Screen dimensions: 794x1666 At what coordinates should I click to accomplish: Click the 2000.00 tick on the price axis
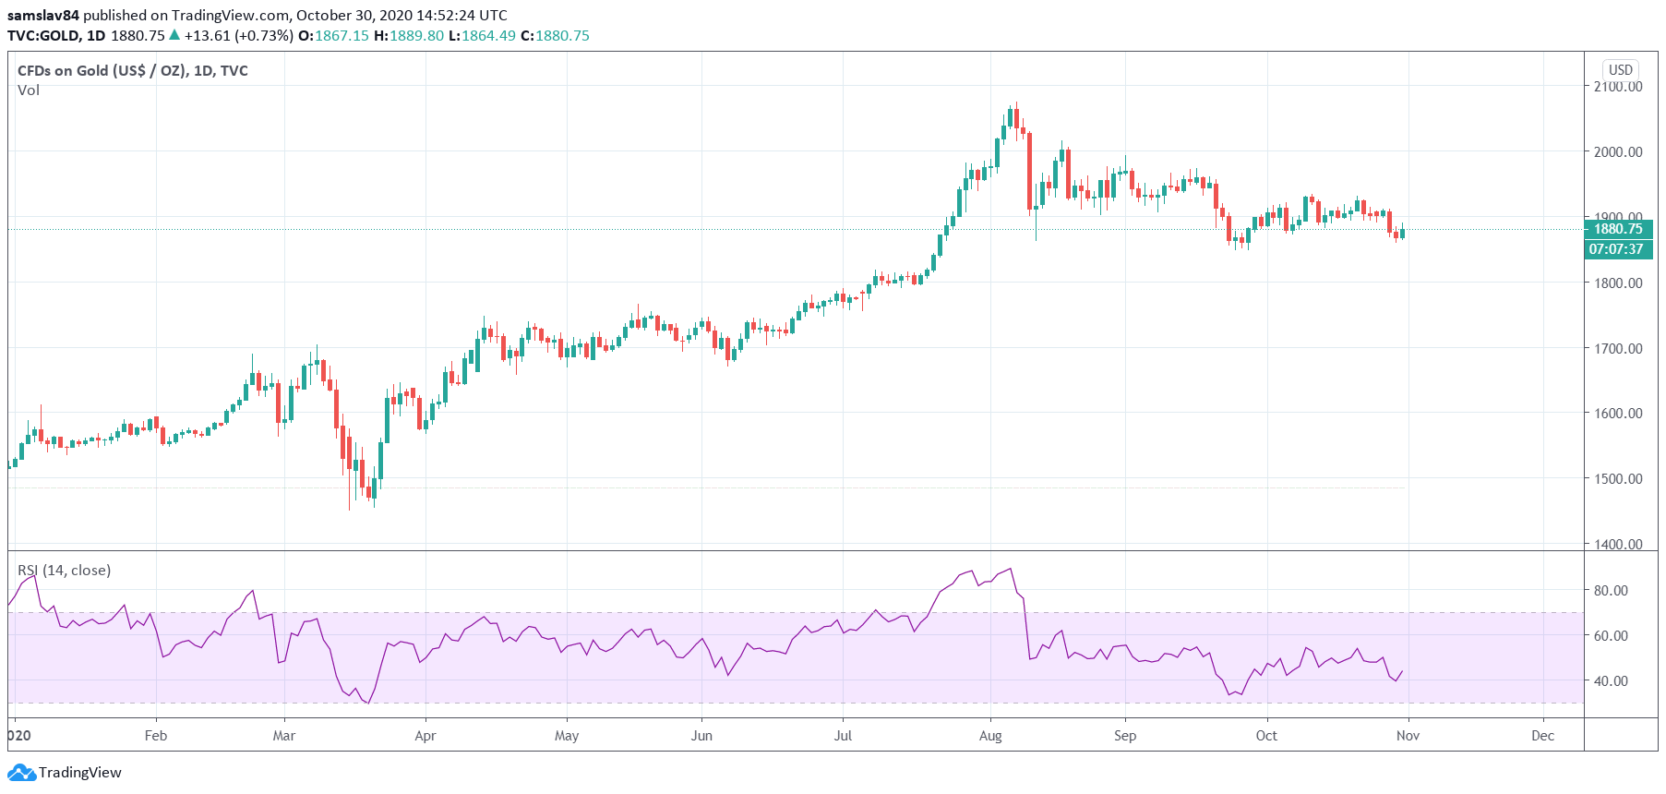point(1618,151)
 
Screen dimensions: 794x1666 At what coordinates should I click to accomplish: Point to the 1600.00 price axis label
point(1618,413)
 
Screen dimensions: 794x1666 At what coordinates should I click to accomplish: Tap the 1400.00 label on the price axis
point(1618,544)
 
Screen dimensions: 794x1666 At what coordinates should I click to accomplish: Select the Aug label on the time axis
point(990,736)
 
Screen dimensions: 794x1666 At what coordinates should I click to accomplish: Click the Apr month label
point(425,736)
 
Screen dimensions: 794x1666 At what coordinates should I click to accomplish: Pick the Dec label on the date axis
point(1542,736)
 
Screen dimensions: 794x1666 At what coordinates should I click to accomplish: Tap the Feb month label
point(156,736)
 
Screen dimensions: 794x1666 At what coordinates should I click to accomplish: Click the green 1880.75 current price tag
point(1618,229)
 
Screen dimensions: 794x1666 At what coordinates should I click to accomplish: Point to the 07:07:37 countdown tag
point(1616,249)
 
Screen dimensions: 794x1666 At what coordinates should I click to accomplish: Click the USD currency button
point(1621,70)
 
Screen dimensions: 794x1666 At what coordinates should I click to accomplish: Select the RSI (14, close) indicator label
point(65,571)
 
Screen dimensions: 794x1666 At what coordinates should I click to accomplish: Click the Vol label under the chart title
point(29,90)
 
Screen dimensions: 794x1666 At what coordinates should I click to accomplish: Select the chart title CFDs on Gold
point(132,71)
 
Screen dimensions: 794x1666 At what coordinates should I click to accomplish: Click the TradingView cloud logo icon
point(21,773)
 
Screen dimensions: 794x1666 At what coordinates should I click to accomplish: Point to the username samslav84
point(43,15)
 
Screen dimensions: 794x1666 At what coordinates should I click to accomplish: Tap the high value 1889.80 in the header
point(416,36)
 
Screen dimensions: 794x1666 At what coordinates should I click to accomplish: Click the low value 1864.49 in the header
point(488,36)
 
